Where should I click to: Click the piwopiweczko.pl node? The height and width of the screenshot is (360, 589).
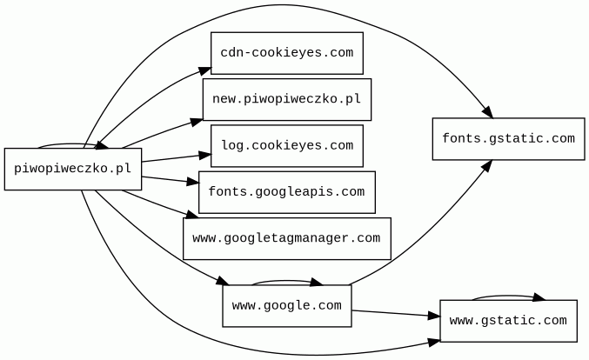(x=72, y=169)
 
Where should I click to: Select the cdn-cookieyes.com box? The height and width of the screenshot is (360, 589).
(x=286, y=53)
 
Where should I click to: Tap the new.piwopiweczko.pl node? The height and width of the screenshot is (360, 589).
(x=286, y=99)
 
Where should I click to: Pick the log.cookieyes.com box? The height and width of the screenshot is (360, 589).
(x=286, y=145)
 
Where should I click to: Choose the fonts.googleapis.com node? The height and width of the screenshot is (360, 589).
(x=286, y=191)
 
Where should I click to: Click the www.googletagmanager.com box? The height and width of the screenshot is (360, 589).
(x=286, y=238)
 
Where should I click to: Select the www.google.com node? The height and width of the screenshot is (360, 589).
(x=286, y=305)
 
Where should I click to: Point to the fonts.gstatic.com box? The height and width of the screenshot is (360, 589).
(x=508, y=139)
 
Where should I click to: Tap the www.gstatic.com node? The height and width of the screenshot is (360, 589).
(x=508, y=321)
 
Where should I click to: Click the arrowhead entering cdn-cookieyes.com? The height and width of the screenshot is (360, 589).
(x=205, y=69)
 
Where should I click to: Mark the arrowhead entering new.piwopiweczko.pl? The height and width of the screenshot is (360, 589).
(x=197, y=121)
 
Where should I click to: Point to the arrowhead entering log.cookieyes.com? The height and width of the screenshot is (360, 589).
(x=205, y=157)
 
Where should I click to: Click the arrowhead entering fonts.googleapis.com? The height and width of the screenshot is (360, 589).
(x=193, y=183)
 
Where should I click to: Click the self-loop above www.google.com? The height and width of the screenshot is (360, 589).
(x=287, y=280)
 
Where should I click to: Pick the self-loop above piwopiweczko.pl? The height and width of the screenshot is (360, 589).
(x=73, y=143)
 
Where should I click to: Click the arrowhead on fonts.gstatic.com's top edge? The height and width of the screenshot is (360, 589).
(x=488, y=113)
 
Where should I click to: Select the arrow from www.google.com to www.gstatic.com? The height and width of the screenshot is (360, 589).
(x=396, y=313)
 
